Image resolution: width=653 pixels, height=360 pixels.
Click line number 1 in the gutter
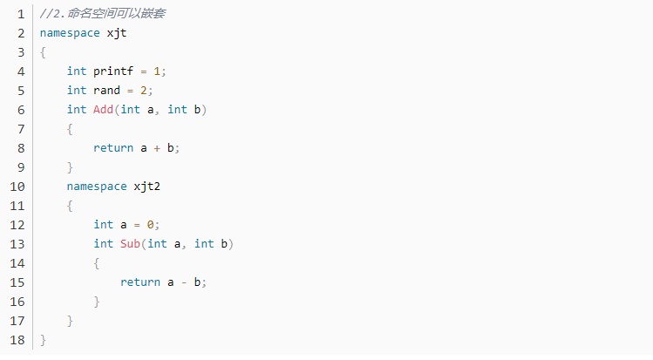pyautogui.click(x=21, y=14)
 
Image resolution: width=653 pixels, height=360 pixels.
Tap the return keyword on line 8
pyautogui.click(x=113, y=148)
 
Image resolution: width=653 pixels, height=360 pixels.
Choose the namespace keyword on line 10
pyautogui.click(x=97, y=187)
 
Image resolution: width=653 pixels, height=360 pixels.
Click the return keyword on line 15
pyautogui.click(x=140, y=282)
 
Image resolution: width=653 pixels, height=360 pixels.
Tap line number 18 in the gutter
pyautogui.click(x=17, y=340)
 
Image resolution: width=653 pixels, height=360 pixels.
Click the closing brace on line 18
pyautogui.click(x=43, y=340)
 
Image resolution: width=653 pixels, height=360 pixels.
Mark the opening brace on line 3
pyautogui.click(x=43, y=52)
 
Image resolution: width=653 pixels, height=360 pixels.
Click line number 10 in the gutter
pyautogui.click(x=17, y=187)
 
